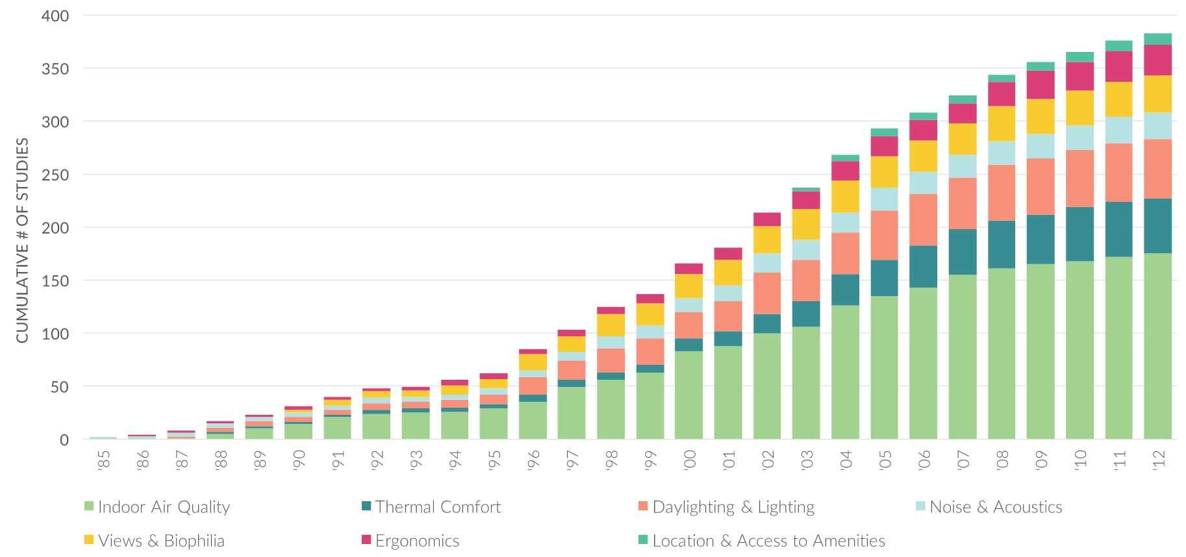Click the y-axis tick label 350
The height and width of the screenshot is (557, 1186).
tap(55, 69)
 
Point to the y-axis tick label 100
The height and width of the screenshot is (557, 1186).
tap(55, 334)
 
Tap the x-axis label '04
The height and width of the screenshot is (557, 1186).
tap(846, 460)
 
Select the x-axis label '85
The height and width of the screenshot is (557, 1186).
tap(103, 460)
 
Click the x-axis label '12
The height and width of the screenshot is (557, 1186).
tap(1158, 460)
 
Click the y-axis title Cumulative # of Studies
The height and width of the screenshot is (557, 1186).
tap(23, 240)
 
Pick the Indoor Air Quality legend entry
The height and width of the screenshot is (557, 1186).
tap(164, 507)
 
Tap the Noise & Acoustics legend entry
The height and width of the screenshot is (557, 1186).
tap(995, 507)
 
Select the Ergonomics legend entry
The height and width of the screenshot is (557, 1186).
tap(417, 541)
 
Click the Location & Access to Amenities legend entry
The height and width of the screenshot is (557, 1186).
tap(768, 541)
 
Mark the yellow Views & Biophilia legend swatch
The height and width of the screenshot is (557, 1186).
tap(90, 540)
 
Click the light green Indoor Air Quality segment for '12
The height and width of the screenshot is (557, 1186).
tap(1157, 344)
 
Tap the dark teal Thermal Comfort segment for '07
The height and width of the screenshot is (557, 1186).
tap(962, 252)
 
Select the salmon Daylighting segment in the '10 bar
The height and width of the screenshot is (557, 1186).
tap(1079, 179)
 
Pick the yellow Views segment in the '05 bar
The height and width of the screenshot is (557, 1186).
tap(884, 172)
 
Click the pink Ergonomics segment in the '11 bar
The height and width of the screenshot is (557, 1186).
tap(1118, 66)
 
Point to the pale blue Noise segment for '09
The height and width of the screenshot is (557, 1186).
tap(1041, 146)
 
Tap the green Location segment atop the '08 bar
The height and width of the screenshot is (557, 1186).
tap(1002, 79)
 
